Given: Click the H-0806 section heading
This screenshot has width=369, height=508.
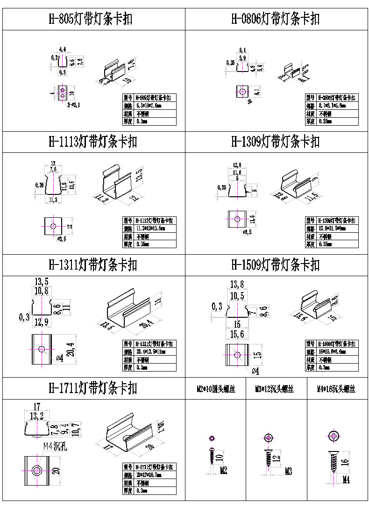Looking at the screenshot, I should pos(276,19).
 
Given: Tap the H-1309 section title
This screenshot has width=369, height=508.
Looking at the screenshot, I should pos(276,142).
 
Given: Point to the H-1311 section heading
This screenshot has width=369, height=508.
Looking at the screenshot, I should pos(93,265).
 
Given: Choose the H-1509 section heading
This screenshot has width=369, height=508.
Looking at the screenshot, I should pos(276,265).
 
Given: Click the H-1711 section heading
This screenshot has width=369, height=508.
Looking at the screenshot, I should pos(93,388).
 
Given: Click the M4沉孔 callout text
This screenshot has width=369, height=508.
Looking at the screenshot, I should pos(56,446).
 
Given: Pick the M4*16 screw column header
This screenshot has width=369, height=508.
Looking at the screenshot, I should pos(336,389).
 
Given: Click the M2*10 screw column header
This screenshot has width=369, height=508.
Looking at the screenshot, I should pos(215,389).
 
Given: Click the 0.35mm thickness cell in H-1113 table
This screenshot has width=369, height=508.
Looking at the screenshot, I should pos(155,244).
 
